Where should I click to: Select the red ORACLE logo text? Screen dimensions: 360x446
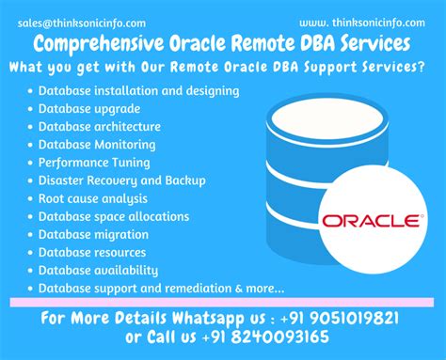click(370, 221)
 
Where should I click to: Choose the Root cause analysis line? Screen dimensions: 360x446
click(93, 198)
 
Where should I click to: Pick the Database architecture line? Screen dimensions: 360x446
click(100, 127)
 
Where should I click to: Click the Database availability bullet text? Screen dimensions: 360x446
click(97, 270)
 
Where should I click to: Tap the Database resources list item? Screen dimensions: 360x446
click(93, 252)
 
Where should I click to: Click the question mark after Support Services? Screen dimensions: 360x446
click(420, 68)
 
